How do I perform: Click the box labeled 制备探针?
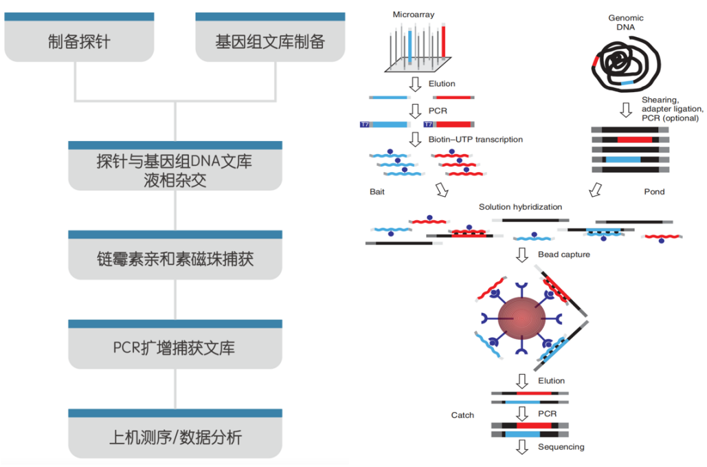click(79, 41)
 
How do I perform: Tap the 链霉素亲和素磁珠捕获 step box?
click(175, 259)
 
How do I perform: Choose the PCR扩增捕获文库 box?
click(175, 348)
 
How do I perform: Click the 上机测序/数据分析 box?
click(175, 437)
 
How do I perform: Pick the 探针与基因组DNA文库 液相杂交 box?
click(175, 170)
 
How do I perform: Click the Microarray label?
click(412, 14)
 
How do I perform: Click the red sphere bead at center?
click(521, 319)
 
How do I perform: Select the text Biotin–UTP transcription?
click(475, 140)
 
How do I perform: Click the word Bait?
click(377, 192)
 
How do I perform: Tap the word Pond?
click(654, 192)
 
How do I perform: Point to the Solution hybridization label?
click(520, 207)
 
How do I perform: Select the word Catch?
click(462, 415)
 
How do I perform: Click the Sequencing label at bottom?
click(561, 447)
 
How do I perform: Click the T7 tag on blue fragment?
click(365, 124)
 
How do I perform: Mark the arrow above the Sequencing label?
click(522, 448)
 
